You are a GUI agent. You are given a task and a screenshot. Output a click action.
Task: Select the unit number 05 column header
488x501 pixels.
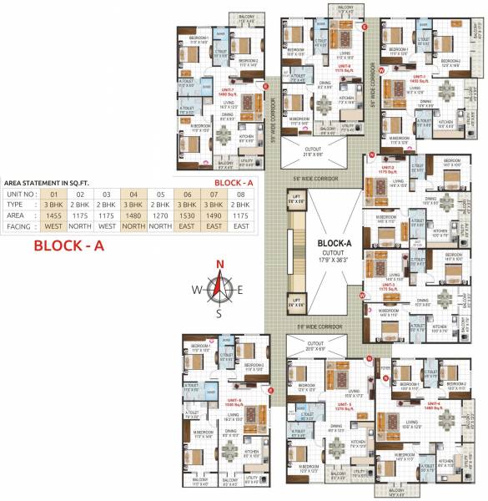point(158,192)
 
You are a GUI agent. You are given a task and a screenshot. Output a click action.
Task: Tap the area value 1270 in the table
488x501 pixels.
point(158,214)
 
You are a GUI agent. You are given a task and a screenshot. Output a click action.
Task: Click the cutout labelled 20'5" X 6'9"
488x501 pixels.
point(315,346)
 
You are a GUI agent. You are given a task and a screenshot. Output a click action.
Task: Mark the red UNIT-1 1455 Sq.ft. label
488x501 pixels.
point(417,78)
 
